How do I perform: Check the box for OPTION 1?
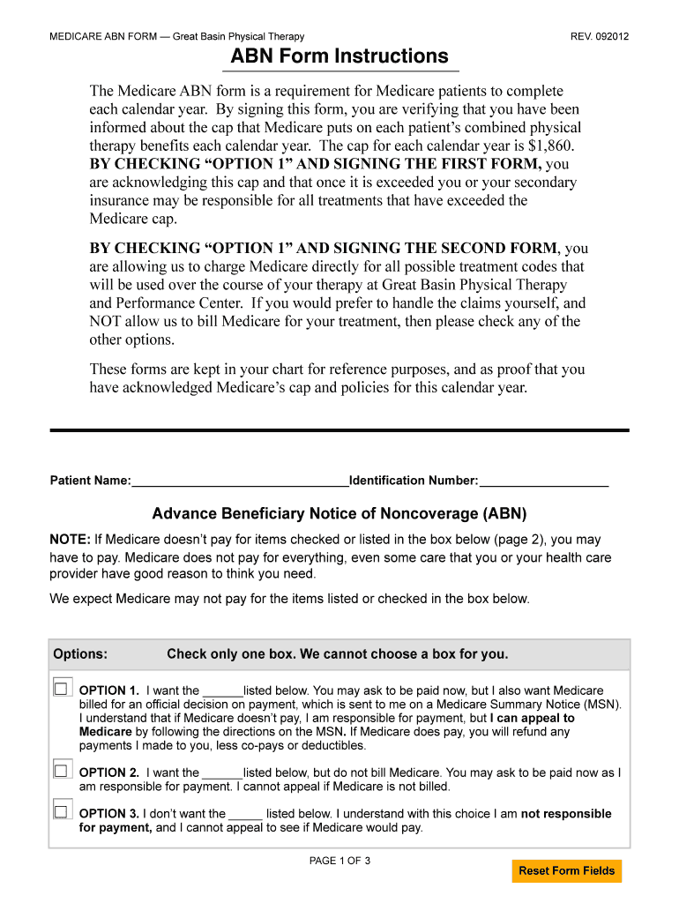[x=61, y=688]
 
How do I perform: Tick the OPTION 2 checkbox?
[x=61, y=770]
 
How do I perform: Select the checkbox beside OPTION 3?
[x=61, y=811]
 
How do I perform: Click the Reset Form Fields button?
[x=566, y=870]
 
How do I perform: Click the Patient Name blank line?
[x=240, y=481]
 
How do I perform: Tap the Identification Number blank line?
[x=543, y=481]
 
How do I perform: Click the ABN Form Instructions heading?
[x=339, y=56]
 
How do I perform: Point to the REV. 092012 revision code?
[x=600, y=36]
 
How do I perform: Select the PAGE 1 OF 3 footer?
[x=339, y=861]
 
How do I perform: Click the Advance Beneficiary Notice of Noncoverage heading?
[x=339, y=513]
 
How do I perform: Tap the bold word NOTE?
[x=70, y=539]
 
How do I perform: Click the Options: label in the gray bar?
[x=80, y=654]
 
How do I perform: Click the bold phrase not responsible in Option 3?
[x=566, y=814]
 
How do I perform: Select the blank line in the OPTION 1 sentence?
[x=222, y=690]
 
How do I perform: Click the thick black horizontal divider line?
[x=339, y=430]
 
